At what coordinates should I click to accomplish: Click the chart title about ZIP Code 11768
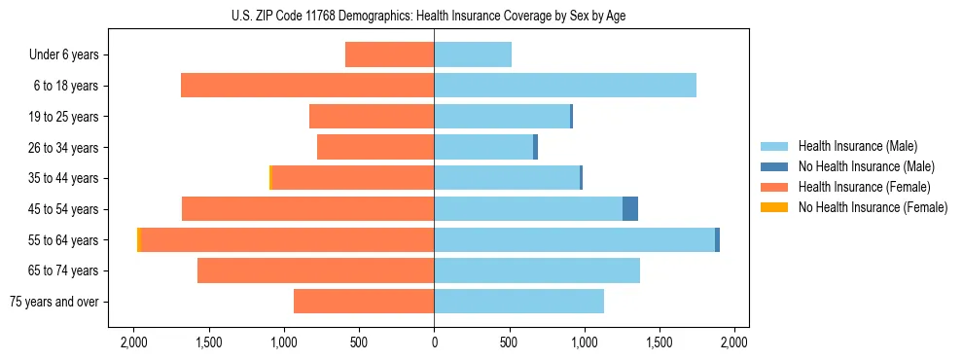435,16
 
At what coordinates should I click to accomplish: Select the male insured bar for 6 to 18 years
565,86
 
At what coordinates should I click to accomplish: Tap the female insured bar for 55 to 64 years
288,239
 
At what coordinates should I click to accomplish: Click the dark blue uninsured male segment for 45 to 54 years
630,209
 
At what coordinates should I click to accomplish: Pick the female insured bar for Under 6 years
390,55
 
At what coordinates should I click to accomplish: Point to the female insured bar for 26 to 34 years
375,147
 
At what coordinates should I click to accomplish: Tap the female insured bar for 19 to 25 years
372,117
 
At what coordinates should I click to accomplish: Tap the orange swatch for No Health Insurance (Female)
774,207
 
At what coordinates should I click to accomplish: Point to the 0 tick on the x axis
434,342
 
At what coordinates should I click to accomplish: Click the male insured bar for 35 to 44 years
507,178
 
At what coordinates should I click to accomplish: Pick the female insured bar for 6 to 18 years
307,86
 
